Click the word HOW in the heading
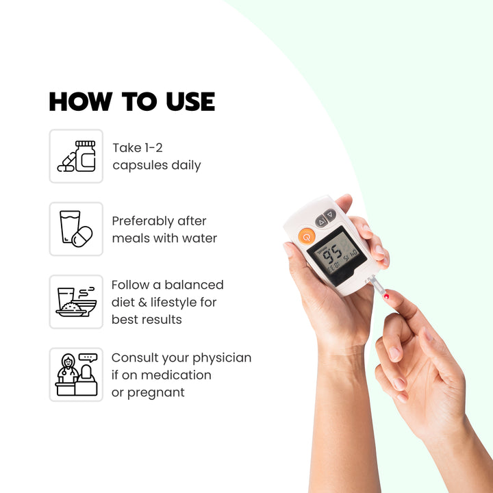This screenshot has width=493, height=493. (81, 101)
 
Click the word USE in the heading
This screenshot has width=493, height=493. (190, 101)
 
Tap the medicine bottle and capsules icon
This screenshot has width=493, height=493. (76, 156)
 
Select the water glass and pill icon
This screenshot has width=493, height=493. (76, 229)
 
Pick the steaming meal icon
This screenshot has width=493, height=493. (76, 302)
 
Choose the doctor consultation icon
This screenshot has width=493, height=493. (76, 375)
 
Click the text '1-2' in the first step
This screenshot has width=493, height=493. (153, 148)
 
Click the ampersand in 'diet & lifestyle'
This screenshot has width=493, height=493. (142, 303)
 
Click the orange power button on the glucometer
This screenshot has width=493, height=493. (307, 236)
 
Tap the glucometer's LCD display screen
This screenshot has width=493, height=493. (337, 255)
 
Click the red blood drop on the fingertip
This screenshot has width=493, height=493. (386, 296)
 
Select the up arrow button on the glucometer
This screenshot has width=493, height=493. (321, 222)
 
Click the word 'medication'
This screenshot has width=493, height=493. (176, 375)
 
